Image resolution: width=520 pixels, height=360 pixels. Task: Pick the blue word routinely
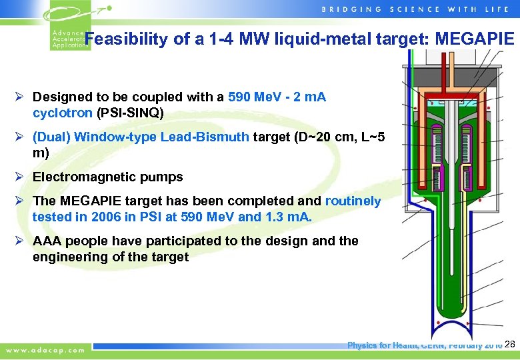click(x=353, y=201)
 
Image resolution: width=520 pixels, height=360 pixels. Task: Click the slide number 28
click(x=510, y=344)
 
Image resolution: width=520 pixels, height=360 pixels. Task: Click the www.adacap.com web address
click(x=46, y=349)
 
